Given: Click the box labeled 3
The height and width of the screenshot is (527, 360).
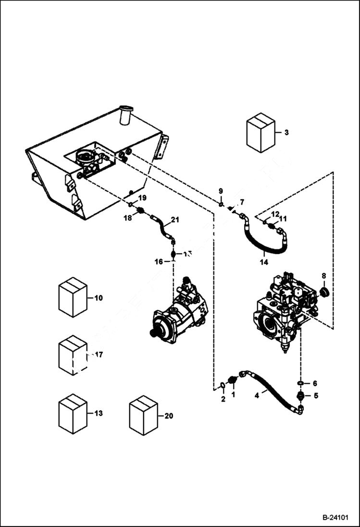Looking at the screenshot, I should pos(260,133).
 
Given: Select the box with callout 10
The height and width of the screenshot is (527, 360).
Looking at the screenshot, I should pos(73,297).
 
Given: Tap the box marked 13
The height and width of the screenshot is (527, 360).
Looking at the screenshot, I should pos(73,414).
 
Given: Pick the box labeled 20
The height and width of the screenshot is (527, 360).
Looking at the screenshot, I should pos(144,416).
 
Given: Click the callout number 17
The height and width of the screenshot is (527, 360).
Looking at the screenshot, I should pos(99,355).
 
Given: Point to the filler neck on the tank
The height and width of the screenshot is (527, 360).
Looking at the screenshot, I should pos(126,115).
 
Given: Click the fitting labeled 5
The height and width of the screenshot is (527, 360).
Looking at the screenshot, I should pos(300,396).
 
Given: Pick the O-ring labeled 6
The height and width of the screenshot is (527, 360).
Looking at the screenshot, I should pos(300,383).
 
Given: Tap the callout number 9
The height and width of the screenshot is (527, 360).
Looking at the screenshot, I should pos(221,191).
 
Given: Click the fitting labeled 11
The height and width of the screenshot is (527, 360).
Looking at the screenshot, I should pos(272,226).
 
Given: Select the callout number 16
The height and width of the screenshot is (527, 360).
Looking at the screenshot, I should pos(159,261).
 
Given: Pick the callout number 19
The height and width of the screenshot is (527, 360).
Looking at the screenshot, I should pos(142,197).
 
